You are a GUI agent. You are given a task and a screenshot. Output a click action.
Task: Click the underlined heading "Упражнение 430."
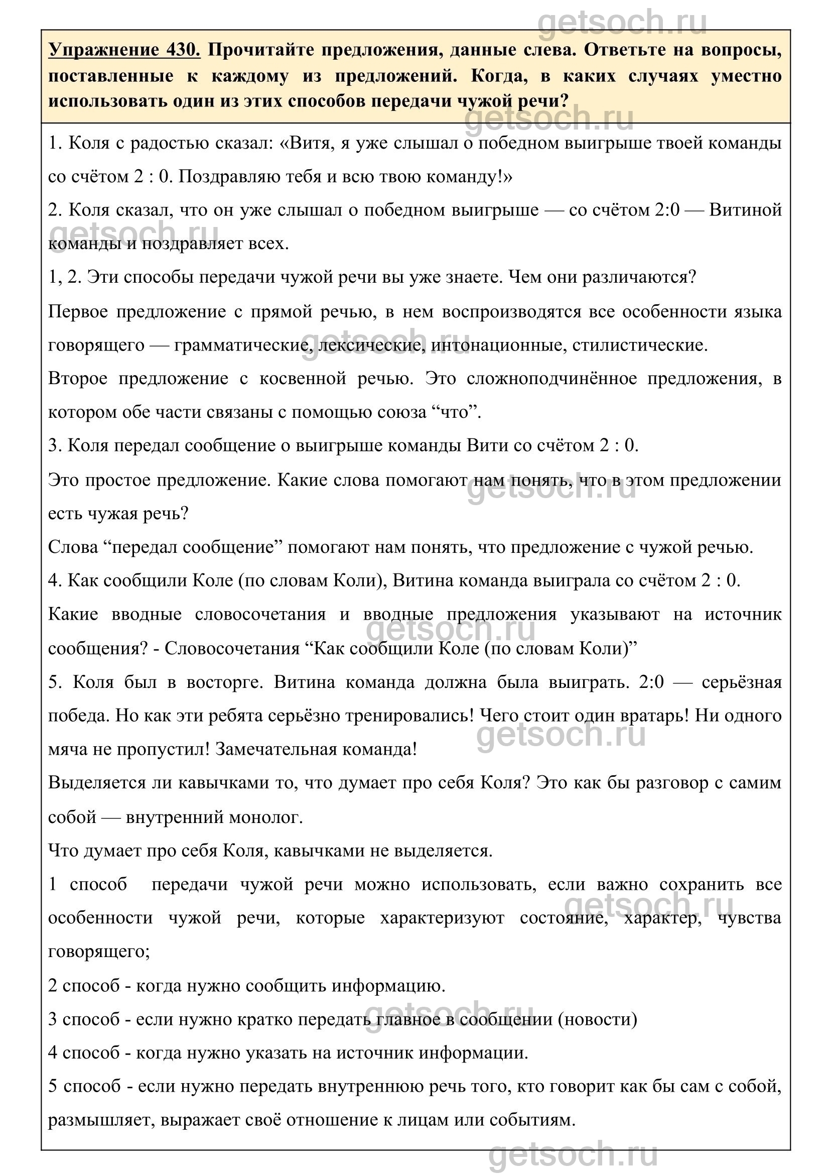pyautogui.click(x=124, y=51)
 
